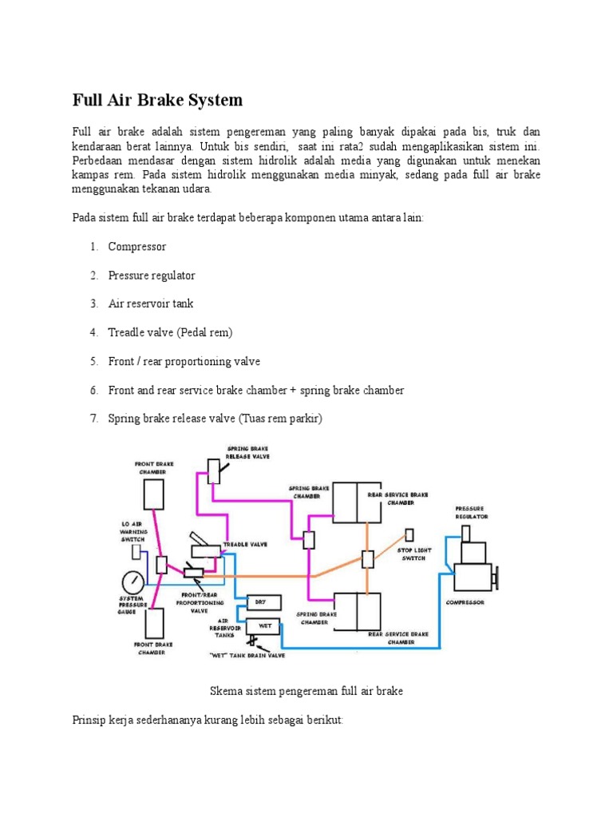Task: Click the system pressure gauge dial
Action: pos(135,581)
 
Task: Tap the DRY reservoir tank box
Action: pos(260,602)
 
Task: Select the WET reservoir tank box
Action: pos(260,625)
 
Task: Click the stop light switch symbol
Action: pos(410,534)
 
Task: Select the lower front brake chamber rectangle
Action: pos(154,623)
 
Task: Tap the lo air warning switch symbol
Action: pos(136,552)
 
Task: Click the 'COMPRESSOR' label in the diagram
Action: pos(465,602)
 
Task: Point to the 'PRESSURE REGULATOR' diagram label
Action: pos(471,513)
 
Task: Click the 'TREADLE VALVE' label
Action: pos(245,544)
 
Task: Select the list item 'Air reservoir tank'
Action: pos(151,304)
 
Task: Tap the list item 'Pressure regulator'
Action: pos(152,275)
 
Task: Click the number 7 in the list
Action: pos(93,419)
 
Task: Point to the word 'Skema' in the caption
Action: pos(224,690)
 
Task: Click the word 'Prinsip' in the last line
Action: pos(91,720)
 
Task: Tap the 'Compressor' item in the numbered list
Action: pos(137,246)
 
